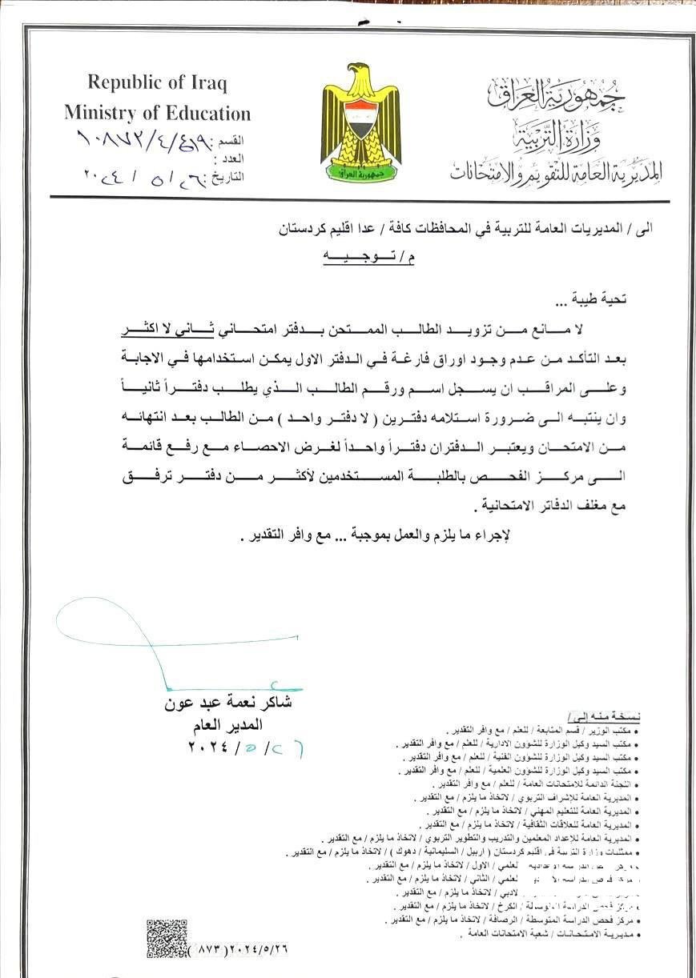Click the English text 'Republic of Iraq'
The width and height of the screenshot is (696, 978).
coord(158,82)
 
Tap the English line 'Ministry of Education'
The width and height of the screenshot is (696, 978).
coord(158,113)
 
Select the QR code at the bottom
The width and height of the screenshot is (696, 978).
coord(167,939)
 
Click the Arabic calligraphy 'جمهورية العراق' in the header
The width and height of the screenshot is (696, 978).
coord(557,94)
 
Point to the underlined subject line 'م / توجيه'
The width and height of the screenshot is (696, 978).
coord(368,258)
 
